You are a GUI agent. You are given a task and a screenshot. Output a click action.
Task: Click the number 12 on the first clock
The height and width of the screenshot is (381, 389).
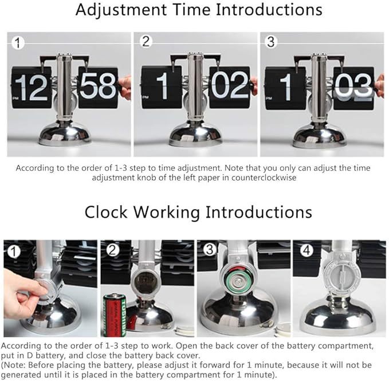pos(32,87)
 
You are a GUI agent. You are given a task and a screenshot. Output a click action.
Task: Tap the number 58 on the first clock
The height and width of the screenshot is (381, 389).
pos(98,87)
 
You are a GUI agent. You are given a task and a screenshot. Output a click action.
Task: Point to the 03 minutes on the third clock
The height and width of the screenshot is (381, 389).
pos(353,87)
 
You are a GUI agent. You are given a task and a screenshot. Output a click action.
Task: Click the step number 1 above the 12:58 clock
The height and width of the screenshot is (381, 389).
pos(19,42)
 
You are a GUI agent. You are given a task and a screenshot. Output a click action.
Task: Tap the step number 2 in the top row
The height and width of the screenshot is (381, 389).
pos(146,42)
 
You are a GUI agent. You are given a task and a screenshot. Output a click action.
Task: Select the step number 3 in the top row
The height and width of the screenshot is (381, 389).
pos(272,42)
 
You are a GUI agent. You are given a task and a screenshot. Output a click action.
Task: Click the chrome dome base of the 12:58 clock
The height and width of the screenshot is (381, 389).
pos(65,133)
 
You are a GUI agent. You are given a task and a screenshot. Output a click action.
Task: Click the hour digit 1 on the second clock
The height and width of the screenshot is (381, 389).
pos(162,87)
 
